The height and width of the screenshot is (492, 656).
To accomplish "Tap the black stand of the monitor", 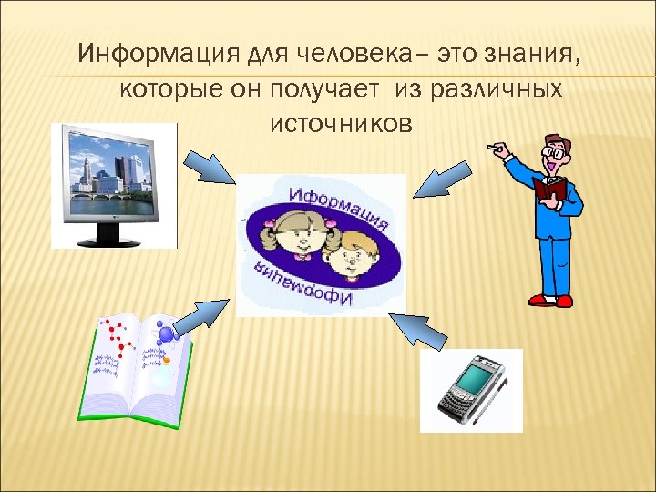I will pyautogui.click(x=109, y=237).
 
